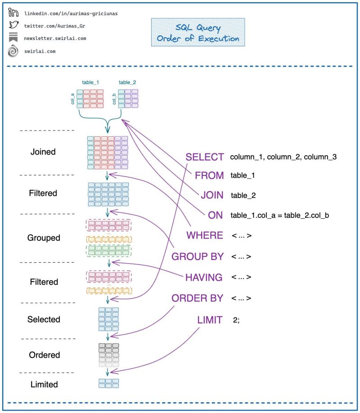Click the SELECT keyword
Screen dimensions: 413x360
(x=205, y=157)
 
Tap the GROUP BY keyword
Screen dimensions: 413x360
(x=198, y=256)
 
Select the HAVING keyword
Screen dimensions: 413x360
(x=204, y=277)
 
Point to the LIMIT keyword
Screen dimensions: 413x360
(x=210, y=320)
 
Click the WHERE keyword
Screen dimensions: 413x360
(x=205, y=235)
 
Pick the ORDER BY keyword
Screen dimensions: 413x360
(x=198, y=298)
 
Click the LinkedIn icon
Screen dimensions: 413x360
(x=13, y=13)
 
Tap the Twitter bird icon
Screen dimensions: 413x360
(x=13, y=25)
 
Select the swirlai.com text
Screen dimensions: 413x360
(x=40, y=51)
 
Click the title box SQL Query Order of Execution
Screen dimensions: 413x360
(x=198, y=32)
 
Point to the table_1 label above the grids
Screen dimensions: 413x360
(x=90, y=82)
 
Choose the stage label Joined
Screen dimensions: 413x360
(x=43, y=152)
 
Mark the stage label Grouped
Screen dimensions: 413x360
(x=43, y=238)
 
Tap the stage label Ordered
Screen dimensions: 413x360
(x=45, y=355)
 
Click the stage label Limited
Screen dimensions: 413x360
(x=44, y=385)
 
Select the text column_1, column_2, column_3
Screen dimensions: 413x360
(x=283, y=157)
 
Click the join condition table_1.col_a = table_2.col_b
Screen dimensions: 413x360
(x=279, y=215)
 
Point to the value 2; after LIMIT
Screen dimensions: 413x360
(x=236, y=320)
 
